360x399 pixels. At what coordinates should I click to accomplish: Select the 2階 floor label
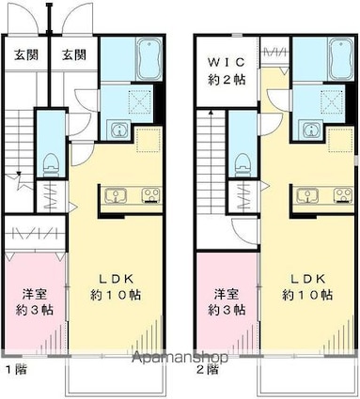pos(208,368)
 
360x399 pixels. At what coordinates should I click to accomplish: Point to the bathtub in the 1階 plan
pos(149,59)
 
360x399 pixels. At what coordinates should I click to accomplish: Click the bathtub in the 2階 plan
pos(341,59)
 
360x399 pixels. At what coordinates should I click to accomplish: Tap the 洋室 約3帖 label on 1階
pos(33,300)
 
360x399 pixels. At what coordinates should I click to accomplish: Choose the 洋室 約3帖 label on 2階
pos(226,300)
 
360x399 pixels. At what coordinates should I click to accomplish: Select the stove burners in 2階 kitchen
pos(341,195)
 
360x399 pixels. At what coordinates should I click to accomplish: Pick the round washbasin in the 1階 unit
pos(118,130)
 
